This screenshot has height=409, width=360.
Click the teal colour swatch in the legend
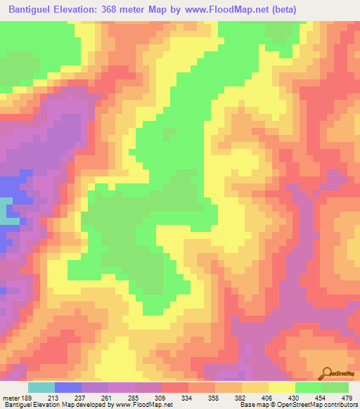tap(41, 387)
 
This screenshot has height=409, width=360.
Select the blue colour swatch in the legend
tap(68, 387)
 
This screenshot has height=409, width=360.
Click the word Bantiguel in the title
tap(33, 9)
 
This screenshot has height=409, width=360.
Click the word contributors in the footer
tap(338, 404)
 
